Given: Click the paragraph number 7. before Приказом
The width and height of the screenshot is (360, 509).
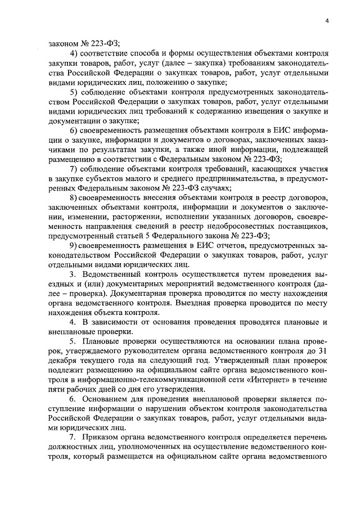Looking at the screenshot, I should click(73, 436).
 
